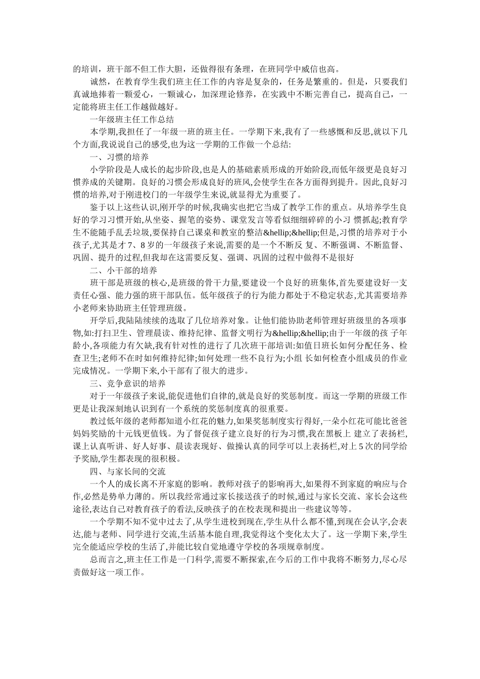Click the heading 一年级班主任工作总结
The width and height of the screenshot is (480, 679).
click(x=132, y=120)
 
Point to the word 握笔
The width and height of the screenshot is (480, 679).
click(x=181, y=220)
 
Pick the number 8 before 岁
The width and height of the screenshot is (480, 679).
click(x=142, y=245)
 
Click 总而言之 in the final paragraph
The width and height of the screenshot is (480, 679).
click(x=107, y=559)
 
